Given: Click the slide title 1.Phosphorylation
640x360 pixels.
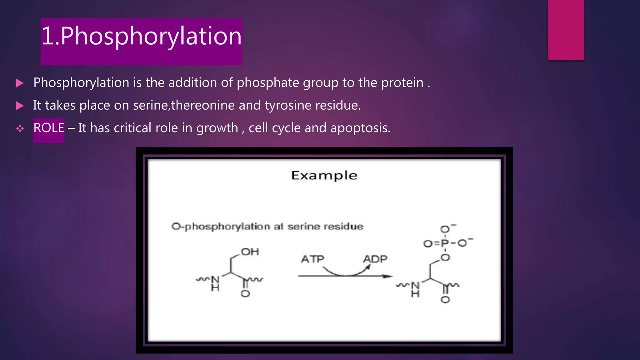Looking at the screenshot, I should click(x=141, y=36).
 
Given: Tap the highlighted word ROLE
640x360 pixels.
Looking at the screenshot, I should click(x=49, y=128).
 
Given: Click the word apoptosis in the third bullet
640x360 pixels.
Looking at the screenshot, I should click(x=360, y=128).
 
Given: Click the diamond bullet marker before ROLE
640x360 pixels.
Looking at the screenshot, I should click(x=20, y=128).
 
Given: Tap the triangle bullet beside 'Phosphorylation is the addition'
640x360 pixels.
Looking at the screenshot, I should click(x=20, y=83).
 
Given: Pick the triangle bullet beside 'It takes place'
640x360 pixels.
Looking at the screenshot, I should click(x=20, y=106).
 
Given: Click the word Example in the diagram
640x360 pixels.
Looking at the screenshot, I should click(x=324, y=176).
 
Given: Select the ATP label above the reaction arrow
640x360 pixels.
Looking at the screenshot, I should click(x=312, y=259).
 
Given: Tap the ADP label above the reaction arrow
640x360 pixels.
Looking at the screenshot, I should click(x=375, y=259).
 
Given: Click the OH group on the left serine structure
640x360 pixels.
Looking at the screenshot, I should click(x=250, y=252).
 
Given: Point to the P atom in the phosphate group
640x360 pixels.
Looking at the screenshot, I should click(x=445, y=243).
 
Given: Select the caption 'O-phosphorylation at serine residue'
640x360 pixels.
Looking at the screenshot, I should click(x=267, y=227).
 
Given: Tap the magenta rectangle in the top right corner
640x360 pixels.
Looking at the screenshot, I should click(x=566, y=30).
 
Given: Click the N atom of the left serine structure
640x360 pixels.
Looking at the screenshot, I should click(x=215, y=280).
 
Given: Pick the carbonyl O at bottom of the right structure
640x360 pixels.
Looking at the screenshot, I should click(x=445, y=300).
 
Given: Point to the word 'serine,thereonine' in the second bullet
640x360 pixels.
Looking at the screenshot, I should click(x=184, y=105).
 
